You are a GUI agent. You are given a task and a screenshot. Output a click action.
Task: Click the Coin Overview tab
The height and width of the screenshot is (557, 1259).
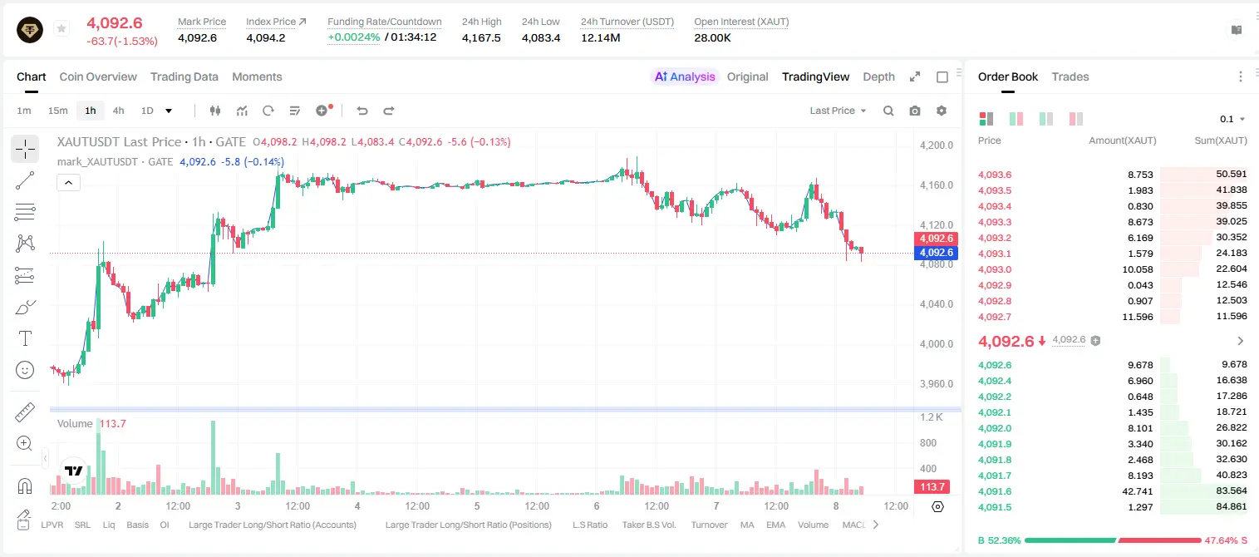click(98, 76)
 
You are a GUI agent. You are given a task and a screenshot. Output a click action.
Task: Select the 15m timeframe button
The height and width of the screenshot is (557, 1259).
click(57, 111)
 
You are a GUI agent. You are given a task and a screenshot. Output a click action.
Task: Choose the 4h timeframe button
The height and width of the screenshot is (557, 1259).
click(118, 111)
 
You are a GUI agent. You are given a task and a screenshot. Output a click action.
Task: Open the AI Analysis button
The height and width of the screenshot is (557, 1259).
click(685, 76)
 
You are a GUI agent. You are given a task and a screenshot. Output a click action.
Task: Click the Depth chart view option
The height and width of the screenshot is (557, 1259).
click(878, 76)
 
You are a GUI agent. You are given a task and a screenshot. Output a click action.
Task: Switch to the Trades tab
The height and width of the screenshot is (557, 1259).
click(1070, 76)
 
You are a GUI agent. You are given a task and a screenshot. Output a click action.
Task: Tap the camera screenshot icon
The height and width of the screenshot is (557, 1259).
click(915, 111)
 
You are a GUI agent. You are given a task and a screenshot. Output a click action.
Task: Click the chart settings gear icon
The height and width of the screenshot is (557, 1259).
click(942, 111)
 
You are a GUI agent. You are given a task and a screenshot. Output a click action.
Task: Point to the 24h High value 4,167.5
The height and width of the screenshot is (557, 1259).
click(481, 37)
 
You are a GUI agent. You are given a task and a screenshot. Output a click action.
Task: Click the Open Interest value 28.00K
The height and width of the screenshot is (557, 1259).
click(712, 37)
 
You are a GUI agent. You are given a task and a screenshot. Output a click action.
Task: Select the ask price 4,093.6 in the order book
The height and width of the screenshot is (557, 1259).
click(994, 175)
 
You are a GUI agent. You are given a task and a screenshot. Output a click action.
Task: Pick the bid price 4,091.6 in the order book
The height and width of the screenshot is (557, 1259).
click(994, 491)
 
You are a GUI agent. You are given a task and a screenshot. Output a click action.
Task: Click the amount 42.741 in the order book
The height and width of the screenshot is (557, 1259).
click(1137, 491)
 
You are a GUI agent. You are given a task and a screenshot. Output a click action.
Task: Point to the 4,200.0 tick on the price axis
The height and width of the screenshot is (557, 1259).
click(937, 145)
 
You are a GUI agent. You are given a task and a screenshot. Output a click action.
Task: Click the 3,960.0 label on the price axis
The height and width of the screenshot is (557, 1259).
click(937, 384)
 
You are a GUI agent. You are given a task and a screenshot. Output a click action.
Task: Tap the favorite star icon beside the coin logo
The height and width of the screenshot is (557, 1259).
click(61, 28)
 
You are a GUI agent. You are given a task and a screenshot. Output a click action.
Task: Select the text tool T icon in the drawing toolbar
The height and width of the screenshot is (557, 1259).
click(25, 338)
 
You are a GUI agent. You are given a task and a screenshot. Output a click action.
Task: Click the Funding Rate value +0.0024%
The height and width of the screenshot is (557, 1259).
click(353, 37)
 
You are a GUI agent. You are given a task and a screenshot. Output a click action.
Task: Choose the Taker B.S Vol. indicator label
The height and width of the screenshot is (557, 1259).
click(648, 525)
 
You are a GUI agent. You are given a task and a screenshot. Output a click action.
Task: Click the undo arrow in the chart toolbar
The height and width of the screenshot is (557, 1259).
click(362, 111)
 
